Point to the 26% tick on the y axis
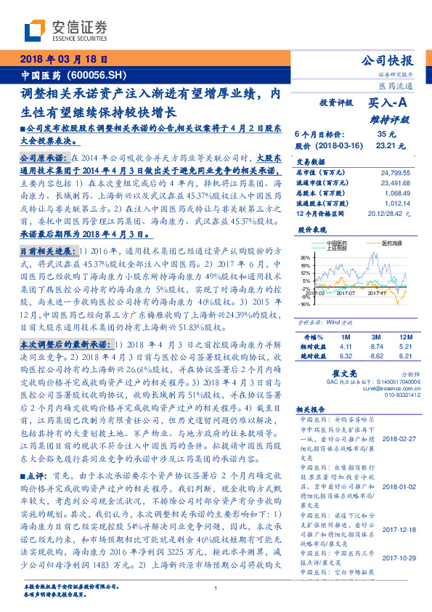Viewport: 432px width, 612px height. point(306,257)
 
